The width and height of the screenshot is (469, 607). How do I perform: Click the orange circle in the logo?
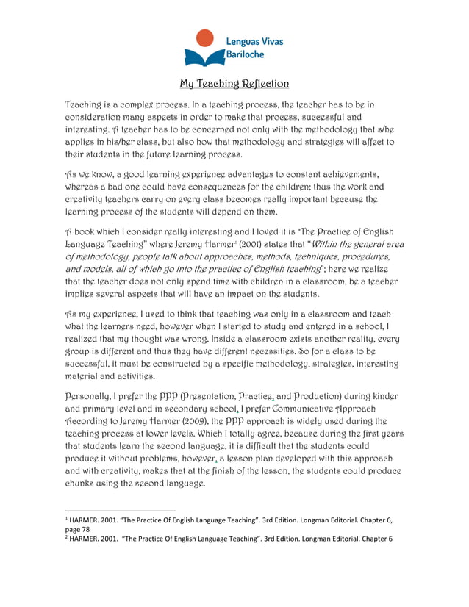[x=207, y=39]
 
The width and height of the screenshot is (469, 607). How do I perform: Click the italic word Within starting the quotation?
[x=333, y=243]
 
